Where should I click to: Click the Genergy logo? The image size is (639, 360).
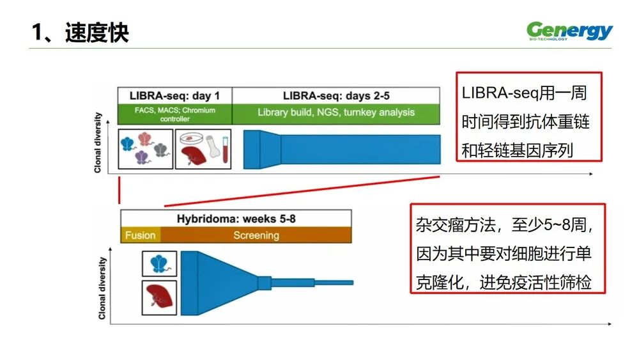(x=569, y=31)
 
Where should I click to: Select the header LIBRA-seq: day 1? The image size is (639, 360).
(x=175, y=96)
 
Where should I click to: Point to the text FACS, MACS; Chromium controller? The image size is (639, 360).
(x=175, y=114)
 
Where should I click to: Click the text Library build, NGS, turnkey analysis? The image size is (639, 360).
(x=336, y=113)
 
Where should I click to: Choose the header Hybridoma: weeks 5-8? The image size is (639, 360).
(x=236, y=219)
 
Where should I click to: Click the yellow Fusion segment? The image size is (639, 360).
(x=140, y=235)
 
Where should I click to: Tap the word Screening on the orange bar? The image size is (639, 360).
(x=256, y=235)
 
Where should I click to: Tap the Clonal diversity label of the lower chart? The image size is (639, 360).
(x=102, y=288)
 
